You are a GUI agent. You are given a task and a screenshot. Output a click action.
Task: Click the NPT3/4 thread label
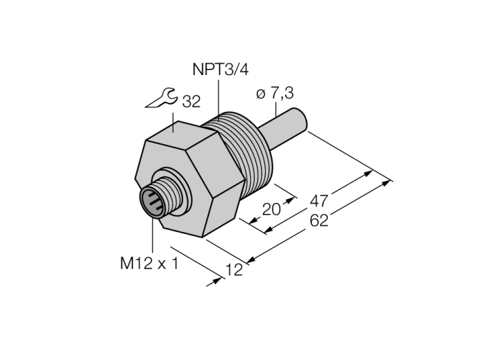[x=220, y=70]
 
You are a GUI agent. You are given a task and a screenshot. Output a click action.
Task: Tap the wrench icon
[x=160, y=98]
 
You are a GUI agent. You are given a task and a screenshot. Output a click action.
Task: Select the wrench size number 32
[x=191, y=102]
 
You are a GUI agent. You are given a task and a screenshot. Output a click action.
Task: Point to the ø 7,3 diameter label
[x=275, y=94]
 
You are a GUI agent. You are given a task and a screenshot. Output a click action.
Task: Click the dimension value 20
[x=271, y=209]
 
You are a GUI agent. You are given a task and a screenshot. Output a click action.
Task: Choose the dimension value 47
[x=319, y=201]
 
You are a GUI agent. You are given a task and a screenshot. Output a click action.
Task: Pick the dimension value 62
[x=319, y=220]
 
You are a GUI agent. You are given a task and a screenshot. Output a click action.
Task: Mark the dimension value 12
[x=234, y=270]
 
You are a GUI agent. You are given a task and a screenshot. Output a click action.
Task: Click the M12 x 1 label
[x=149, y=264]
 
